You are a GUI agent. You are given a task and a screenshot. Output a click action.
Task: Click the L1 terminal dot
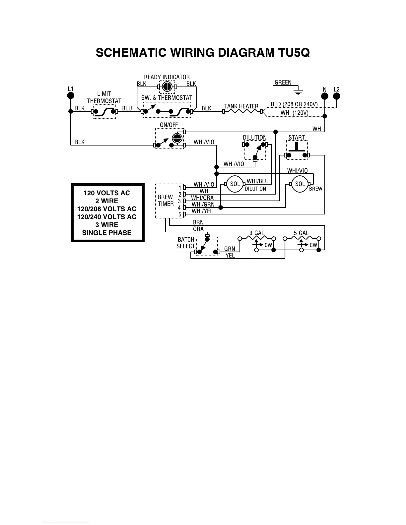pyautogui.click(x=70, y=96)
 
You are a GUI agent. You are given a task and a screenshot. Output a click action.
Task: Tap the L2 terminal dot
pyautogui.click(x=336, y=96)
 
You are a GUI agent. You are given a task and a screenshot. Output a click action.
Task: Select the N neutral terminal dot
pyautogui.click(x=325, y=96)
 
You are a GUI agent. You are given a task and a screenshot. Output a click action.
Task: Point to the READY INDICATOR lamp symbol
pyautogui.click(x=167, y=87)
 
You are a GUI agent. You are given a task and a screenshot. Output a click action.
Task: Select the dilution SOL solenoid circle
pyautogui.click(x=235, y=184)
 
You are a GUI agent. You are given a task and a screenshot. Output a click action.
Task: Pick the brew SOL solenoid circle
pyautogui.click(x=300, y=184)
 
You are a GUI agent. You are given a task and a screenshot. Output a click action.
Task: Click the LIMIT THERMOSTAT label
pyautogui.click(x=104, y=97)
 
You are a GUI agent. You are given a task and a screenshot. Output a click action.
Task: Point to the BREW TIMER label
pyautogui.click(x=166, y=201)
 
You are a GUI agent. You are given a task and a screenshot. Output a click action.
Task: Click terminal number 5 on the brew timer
pyautogui.click(x=180, y=214)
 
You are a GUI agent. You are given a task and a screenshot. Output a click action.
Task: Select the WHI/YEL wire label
pyautogui.click(x=202, y=211)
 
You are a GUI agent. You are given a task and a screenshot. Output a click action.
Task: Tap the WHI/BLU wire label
pyautogui.click(x=258, y=181)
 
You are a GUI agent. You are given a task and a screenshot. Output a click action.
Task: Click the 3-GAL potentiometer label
pyautogui.click(x=257, y=233)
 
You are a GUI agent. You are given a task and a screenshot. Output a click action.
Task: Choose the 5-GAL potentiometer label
pyautogui.click(x=301, y=233)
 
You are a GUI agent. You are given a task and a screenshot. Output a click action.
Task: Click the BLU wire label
pyautogui.click(x=127, y=108)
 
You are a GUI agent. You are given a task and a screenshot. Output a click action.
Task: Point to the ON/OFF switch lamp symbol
pyautogui.click(x=177, y=138)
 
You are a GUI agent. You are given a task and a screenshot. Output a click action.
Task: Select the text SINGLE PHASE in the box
pyautogui.click(x=107, y=233)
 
